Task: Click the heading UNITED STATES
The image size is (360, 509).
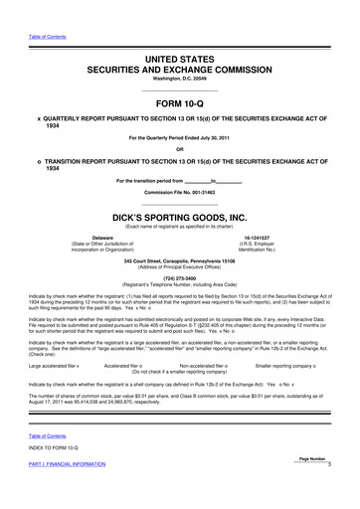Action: coord(179,61)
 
